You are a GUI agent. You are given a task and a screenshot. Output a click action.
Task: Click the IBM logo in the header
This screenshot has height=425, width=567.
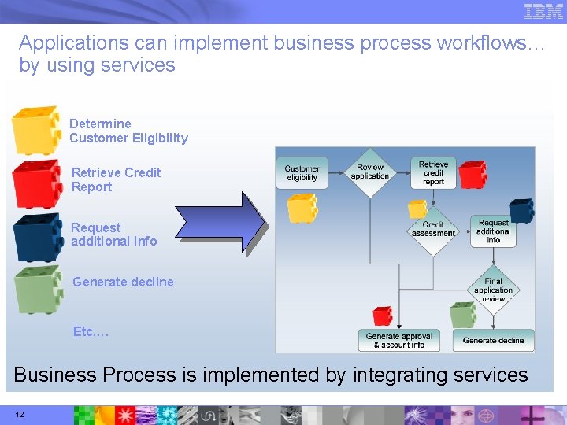point(543,11)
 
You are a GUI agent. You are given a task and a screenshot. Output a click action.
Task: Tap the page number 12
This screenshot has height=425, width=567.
point(18,414)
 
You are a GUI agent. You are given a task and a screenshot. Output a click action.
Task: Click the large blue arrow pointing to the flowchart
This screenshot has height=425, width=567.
point(220,224)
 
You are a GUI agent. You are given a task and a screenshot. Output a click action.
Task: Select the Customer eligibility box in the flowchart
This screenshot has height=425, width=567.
point(302,173)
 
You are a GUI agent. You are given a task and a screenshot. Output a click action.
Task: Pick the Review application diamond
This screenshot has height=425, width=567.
point(369,172)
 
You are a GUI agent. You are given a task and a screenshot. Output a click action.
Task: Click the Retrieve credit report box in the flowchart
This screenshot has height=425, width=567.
point(432,173)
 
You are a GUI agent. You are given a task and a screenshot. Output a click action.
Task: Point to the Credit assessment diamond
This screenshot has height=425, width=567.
point(433,229)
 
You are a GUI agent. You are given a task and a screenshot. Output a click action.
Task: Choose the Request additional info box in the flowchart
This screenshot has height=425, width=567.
point(493,231)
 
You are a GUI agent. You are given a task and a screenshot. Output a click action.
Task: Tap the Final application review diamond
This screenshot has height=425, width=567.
point(493,290)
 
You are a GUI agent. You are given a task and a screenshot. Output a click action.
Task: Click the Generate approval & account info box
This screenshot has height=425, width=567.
point(399,340)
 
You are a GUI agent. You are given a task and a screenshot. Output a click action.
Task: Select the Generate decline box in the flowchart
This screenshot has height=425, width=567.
point(493,340)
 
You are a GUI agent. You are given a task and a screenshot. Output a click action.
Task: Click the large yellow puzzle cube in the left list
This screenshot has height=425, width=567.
point(36,130)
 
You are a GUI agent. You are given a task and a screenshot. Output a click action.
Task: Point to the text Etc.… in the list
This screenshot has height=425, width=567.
point(91,331)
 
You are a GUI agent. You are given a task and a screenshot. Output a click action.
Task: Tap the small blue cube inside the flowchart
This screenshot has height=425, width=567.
point(521,210)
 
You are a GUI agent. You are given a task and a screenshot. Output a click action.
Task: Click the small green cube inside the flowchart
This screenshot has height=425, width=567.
point(463,315)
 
